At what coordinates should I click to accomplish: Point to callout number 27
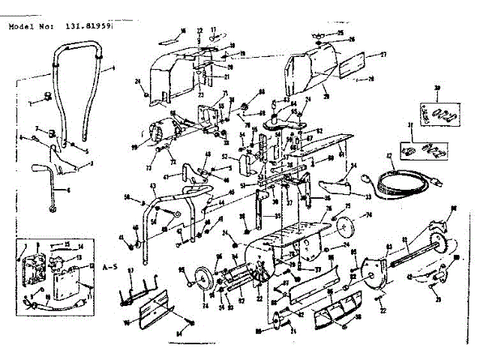tap(382, 54)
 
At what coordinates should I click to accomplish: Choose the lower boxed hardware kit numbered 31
tap(423, 149)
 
